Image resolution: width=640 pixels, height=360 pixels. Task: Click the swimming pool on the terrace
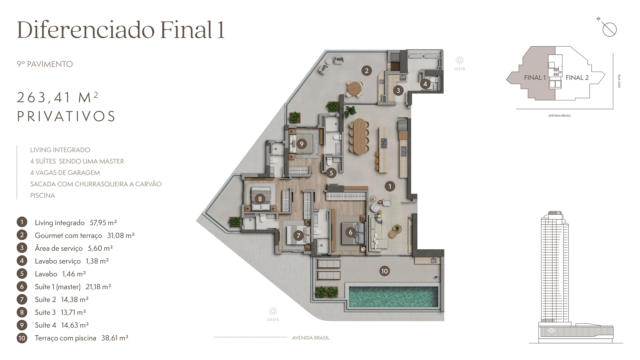pos(393,297)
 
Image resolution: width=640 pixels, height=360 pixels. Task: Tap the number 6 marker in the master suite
pos(350,232)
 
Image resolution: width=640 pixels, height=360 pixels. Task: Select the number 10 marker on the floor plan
pos(384,271)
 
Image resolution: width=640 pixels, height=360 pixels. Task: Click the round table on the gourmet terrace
pos(354,88)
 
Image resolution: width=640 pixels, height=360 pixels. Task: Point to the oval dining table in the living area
pos(359,136)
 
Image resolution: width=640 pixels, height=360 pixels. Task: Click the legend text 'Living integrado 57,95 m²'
pos(76,223)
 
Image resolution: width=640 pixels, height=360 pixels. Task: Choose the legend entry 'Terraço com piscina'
pos(65,338)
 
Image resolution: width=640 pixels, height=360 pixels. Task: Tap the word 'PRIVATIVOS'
pos(66,116)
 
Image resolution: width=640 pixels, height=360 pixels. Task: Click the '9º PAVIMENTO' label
pos(45,64)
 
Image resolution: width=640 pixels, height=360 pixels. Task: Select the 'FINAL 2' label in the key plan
pos(577,78)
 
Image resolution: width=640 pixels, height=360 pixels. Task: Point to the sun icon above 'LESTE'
pos(460,60)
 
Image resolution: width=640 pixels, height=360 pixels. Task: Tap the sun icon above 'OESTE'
pos(273,312)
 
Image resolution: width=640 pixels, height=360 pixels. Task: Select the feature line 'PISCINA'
pos(43,195)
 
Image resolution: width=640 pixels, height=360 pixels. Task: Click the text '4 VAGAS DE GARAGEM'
pos(65,173)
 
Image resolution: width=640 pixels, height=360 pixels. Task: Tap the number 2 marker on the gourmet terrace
pos(367,70)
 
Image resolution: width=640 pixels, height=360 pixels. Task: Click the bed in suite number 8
pos(261,199)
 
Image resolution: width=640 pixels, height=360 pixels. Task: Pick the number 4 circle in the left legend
pos(22,261)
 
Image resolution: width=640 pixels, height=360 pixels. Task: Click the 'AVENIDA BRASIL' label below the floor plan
pos(311,338)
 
